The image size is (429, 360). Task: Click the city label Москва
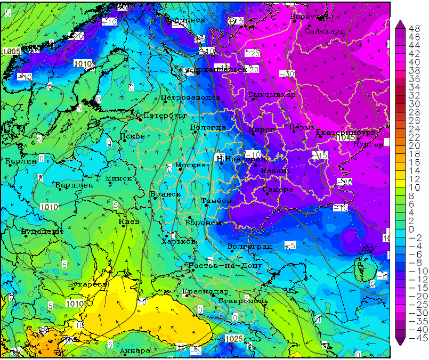point(190,165)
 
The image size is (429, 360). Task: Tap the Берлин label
point(21,160)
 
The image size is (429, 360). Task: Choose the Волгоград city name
point(249,247)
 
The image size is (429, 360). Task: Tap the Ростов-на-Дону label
point(225,265)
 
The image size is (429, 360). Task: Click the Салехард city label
point(325,31)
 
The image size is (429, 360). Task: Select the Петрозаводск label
point(190,97)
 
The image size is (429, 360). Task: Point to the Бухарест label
point(87,284)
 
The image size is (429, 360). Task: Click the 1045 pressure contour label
point(346,137)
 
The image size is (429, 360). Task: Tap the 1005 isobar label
point(11,51)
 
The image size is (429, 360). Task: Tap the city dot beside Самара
point(267,192)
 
